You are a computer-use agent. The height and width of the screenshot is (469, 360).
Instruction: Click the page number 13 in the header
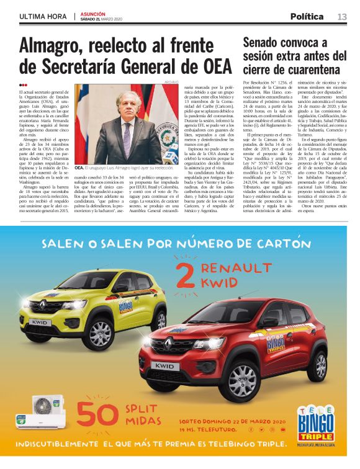click(342, 16)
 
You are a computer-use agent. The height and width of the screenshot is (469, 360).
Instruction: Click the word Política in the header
click(307, 16)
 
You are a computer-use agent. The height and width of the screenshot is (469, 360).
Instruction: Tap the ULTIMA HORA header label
click(42, 17)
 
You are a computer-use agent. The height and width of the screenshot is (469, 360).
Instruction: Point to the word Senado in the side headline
click(266, 43)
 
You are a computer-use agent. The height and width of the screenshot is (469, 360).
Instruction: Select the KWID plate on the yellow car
click(38, 322)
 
